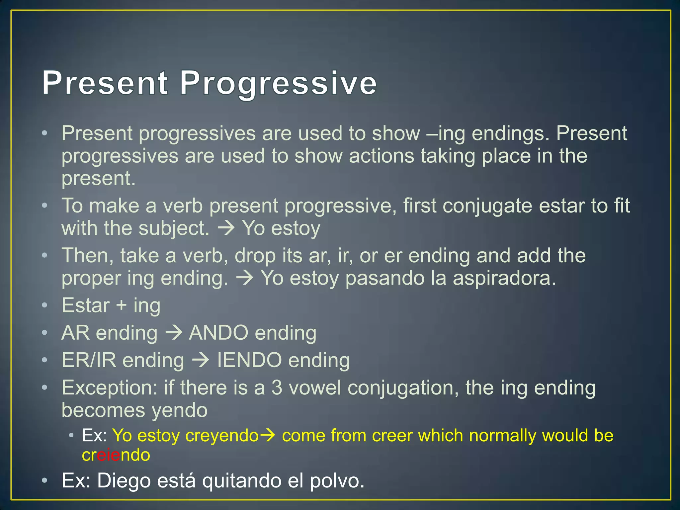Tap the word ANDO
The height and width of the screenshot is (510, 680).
coord(218,333)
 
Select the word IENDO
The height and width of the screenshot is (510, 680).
coord(249,360)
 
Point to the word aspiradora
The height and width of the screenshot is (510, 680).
coord(504,278)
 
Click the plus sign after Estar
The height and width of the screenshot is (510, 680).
coord(122,305)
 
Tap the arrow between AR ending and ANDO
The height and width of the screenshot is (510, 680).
coord(173,333)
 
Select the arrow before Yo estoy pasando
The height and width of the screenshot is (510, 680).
coord(244,278)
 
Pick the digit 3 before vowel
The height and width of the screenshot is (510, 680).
coord(277,387)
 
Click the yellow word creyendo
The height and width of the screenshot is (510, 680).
coord(222,435)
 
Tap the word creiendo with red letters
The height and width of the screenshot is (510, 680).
coord(116,455)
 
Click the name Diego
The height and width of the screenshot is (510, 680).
coord(124,480)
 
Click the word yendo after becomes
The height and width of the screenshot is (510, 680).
coord(180,410)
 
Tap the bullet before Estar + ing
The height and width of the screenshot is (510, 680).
coord(45,305)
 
